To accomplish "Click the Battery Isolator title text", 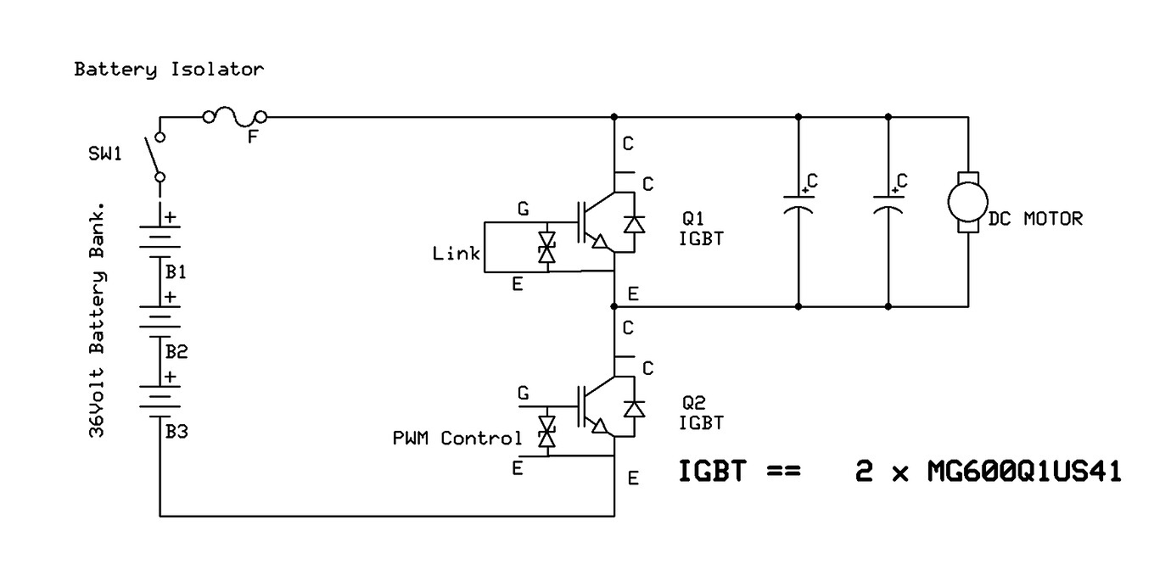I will coord(169,70).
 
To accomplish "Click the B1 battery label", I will coord(176,273).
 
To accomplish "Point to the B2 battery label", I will coord(176,351).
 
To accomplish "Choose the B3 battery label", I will coord(176,431).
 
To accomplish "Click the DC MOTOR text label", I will coord(1035,219).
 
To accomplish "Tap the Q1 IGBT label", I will coord(701,227).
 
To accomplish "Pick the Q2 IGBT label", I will coord(701,412).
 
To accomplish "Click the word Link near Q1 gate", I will coord(456,254).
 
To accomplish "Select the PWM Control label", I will coord(457,439).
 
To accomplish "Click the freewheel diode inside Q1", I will coord(633,224).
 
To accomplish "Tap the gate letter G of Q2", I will coord(523,394).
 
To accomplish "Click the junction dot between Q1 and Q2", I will coord(614,305).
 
